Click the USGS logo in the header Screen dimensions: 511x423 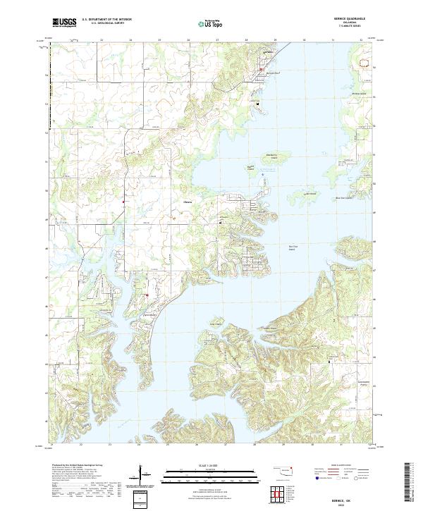point(65,23)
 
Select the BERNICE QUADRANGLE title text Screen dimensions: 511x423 point(352,20)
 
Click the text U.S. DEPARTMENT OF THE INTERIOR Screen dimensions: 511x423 point(107,20)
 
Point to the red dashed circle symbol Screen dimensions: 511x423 point(364,63)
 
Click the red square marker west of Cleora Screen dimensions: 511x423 point(123,203)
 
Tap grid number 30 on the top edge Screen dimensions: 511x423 point(304,40)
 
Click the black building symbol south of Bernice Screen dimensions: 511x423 point(258,104)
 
